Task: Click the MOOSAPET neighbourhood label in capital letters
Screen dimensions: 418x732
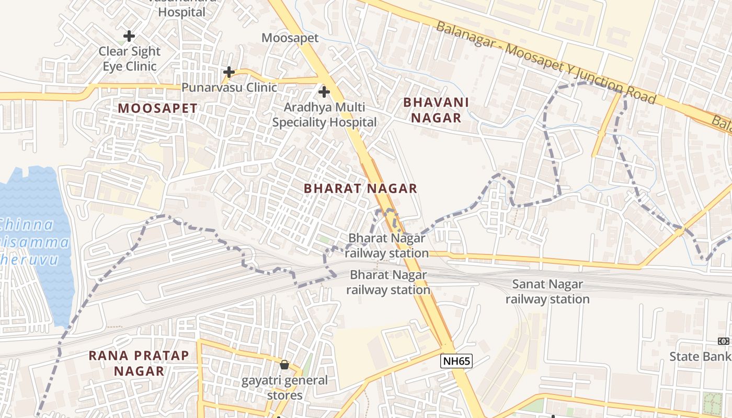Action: coord(157,109)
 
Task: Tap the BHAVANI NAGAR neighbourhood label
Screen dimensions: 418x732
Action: coord(436,110)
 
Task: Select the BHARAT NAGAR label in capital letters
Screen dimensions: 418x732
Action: coord(360,189)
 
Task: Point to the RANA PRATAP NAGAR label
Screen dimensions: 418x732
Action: coord(139,363)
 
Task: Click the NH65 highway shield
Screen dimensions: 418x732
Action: coord(456,361)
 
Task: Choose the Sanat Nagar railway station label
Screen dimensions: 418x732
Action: coord(547,292)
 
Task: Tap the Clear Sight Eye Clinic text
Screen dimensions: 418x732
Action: coord(130,59)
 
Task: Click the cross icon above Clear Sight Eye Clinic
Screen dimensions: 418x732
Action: coord(129,36)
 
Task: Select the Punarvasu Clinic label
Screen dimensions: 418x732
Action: coord(229,87)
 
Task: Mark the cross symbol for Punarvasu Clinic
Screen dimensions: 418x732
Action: coord(228,72)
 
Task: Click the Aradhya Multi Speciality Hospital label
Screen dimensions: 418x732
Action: coord(324,115)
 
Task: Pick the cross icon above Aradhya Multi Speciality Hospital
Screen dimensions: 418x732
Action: coord(324,92)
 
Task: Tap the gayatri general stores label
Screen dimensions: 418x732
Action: coord(284,387)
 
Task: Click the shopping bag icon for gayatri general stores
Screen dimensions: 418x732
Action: coord(284,365)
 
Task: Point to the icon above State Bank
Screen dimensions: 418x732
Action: coord(724,341)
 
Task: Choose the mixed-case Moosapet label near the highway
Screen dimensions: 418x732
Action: coord(290,38)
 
